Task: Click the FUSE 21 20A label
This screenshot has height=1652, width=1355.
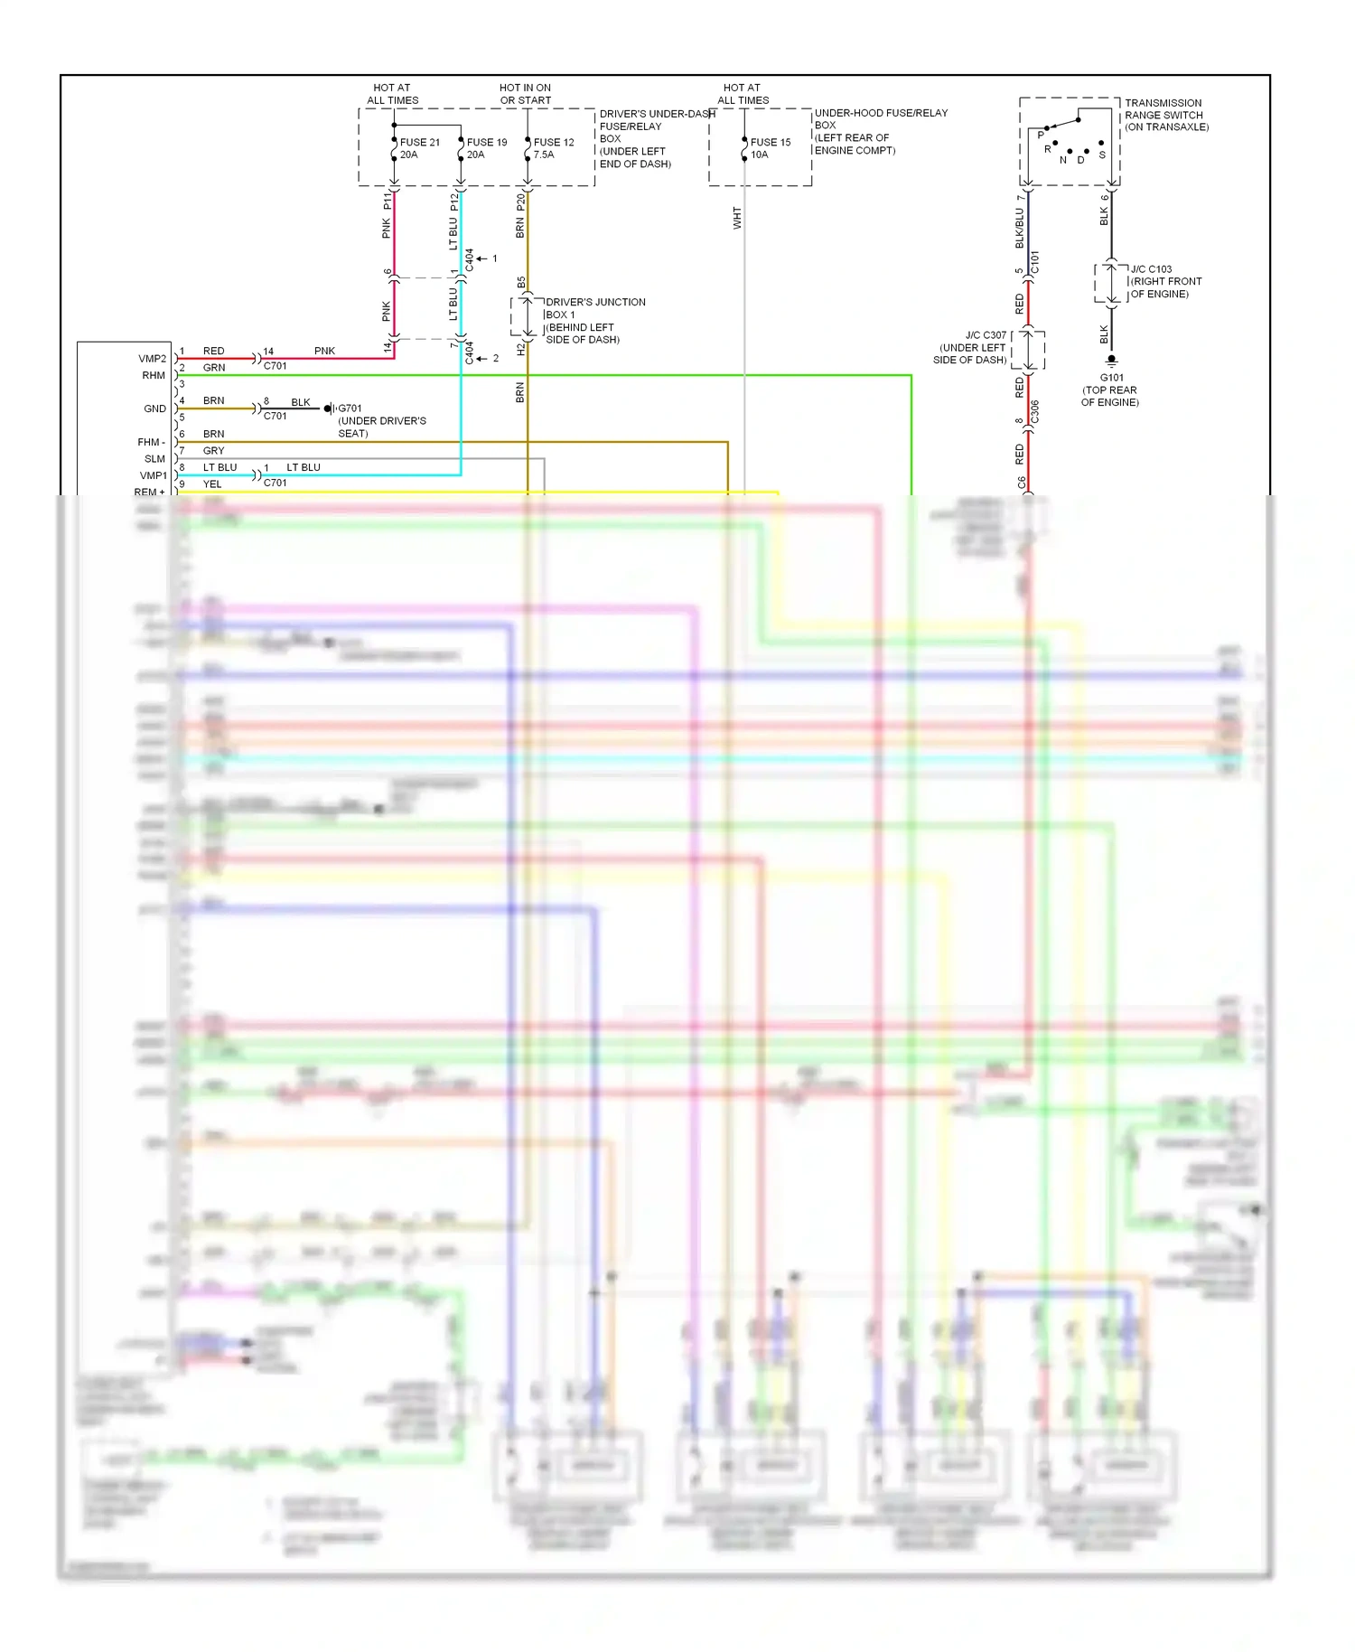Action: pyautogui.click(x=419, y=148)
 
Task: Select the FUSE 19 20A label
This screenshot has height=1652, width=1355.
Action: pyautogui.click(x=486, y=148)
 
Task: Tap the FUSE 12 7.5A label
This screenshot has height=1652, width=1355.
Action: pyautogui.click(x=553, y=148)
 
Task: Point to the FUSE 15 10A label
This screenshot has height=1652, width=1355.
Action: pyautogui.click(x=770, y=148)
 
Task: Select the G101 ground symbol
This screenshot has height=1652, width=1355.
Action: pyautogui.click(x=1111, y=360)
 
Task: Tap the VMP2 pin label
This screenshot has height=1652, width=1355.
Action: pyautogui.click(x=152, y=359)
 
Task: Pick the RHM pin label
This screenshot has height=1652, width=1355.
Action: pyautogui.click(x=153, y=375)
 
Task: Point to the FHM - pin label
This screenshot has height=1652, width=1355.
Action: pyautogui.click(x=151, y=442)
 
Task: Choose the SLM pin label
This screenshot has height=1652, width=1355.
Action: pyautogui.click(x=154, y=458)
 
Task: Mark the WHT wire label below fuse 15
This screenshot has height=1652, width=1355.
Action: pyautogui.click(x=737, y=218)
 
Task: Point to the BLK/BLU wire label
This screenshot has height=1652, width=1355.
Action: pyautogui.click(x=1020, y=228)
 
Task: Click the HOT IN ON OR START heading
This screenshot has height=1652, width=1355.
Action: pyautogui.click(x=525, y=94)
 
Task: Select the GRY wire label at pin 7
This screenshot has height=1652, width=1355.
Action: pyautogui.click(x=214, y=451)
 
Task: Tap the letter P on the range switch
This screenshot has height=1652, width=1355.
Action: pyautogui.click(x=1041, y=135)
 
